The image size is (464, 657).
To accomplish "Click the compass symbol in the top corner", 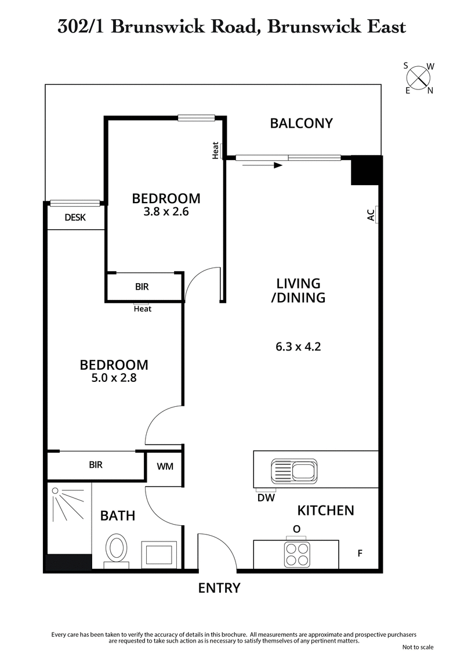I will tap(419, 78).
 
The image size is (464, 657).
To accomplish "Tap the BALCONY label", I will tap(302, 123).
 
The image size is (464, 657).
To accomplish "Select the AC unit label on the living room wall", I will tap(371, 215).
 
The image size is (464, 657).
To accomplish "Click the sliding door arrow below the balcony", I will tap(263, 165).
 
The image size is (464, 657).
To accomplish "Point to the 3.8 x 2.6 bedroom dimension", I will tap(166, 212).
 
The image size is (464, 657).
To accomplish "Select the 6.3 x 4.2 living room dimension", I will tap(298, 348).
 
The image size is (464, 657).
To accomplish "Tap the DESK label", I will tap(75, 218).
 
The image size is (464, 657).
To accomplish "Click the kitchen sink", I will tap(294, 470).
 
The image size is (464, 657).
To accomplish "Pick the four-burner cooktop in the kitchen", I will tap(296, 554).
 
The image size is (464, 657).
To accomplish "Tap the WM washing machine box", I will tap(165, 466).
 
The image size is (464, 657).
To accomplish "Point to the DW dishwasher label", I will tap(266, 497).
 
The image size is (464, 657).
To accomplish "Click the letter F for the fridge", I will tap(360, 554).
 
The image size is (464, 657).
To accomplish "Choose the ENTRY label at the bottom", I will tap(219, 588).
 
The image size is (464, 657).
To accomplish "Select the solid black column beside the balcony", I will tap(365, 171).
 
